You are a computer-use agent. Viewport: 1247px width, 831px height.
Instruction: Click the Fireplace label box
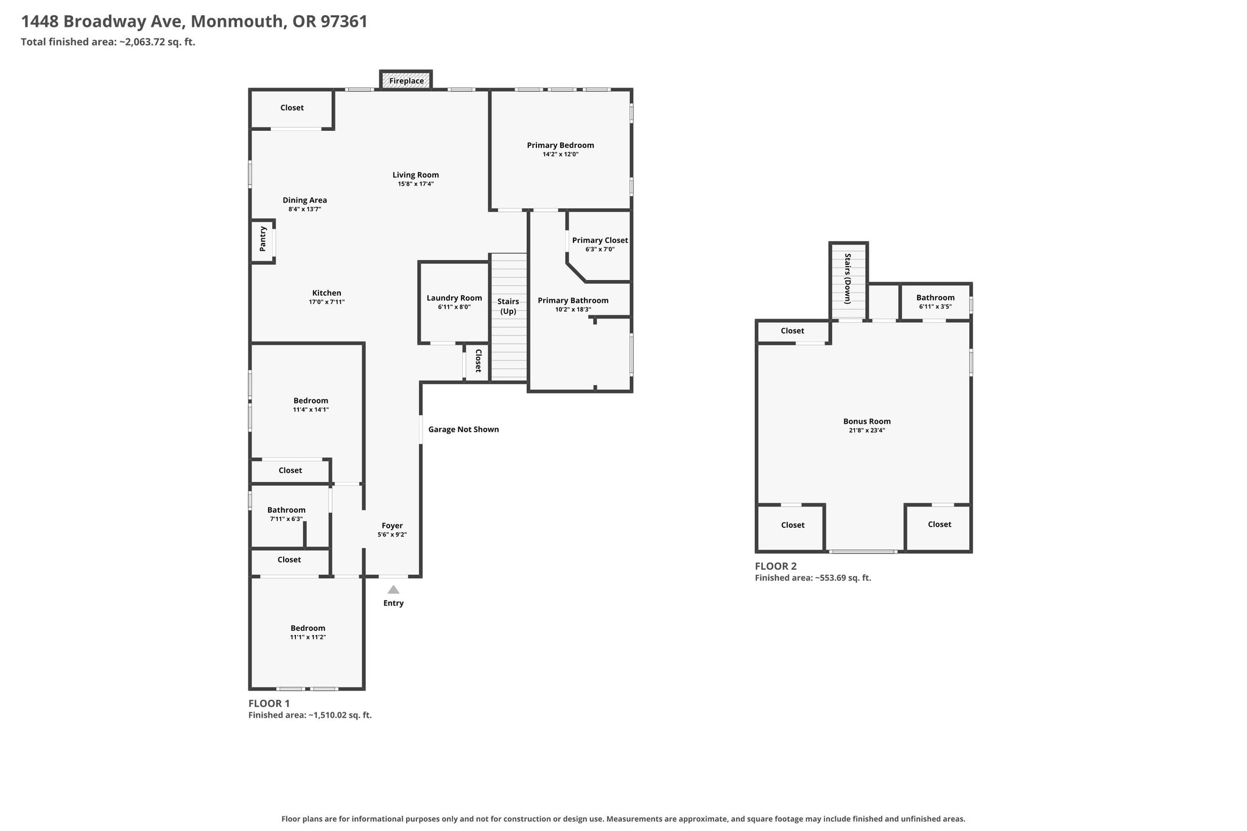(406, 80)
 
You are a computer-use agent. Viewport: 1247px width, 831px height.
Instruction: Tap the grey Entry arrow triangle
(393, 589)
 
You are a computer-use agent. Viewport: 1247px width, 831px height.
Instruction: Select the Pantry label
(263, 239)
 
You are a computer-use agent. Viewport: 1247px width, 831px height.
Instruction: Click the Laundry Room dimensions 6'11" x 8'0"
(454, 307)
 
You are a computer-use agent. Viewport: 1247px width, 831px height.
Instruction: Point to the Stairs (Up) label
(508, 306)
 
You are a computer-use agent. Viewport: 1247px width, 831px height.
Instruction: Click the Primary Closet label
(600, 240)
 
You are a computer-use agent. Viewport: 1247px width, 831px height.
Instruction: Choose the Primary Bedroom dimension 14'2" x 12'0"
(561, 155)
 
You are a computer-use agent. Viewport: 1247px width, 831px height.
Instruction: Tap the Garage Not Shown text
(463, 429)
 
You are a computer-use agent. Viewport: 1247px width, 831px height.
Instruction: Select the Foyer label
(392, 525)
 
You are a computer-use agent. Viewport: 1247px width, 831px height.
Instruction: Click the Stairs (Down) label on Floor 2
(847, 278)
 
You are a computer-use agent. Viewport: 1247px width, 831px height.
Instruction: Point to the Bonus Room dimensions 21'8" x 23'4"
(867, 430)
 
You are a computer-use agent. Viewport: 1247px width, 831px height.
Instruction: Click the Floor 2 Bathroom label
(935, 298)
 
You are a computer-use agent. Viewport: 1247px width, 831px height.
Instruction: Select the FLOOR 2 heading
(776, 566)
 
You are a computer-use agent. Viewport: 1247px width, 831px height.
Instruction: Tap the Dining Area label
(304, 200)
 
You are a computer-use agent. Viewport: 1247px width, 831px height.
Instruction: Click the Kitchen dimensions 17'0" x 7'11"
(327, 302)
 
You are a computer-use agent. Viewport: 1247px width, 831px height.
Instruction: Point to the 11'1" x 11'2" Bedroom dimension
(307, 637)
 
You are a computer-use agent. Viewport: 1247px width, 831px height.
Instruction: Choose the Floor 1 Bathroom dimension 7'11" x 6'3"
(286, 519)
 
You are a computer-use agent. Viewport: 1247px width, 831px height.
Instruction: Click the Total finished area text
(108, 42)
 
